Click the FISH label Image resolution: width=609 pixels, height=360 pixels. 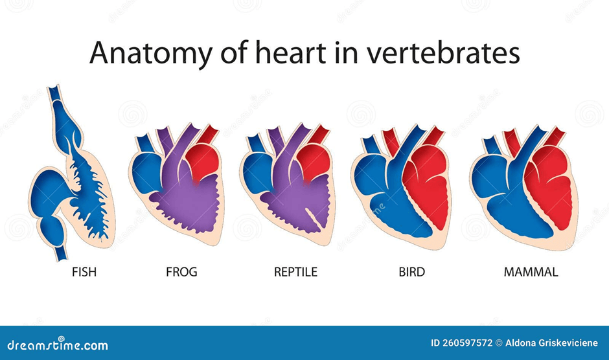click(x=84, y=272)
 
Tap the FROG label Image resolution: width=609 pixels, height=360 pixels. click(x=181, y=272)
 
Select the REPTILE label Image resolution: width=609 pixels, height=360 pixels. click(x=295, y=272)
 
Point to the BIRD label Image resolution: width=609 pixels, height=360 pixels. click(x=411, y=272)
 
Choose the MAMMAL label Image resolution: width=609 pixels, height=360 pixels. click(x=531, y=272)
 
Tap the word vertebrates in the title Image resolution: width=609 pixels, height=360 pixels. click(x=443, y=52)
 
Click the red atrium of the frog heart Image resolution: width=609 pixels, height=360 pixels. click(x=203, y=161)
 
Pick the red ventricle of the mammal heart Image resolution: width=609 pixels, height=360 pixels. click(x=549, y=186)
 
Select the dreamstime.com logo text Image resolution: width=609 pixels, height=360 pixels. click(x=58, y=345)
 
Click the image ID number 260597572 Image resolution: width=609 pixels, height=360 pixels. click(x=461, y=343)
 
